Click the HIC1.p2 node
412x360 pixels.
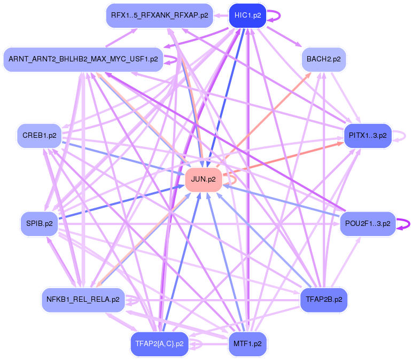click(x=247, y=15)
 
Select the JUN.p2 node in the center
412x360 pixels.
click(x=203, y=179)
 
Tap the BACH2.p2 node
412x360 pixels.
click(x=324, y=59)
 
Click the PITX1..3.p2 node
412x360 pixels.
click(x=368, y=135)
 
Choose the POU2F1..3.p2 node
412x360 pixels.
click(x=368, y=223)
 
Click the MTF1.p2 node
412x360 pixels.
click(x=247, y=343)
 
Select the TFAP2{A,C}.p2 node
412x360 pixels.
click(x=160, y=343)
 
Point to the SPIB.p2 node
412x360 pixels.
click(x=39, y=223)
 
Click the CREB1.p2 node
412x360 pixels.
click(x=39, y=135)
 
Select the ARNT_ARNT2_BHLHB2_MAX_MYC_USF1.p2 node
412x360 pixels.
click(x=83, y=59)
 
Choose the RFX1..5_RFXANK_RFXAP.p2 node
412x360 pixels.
click(x=160, y=15)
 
